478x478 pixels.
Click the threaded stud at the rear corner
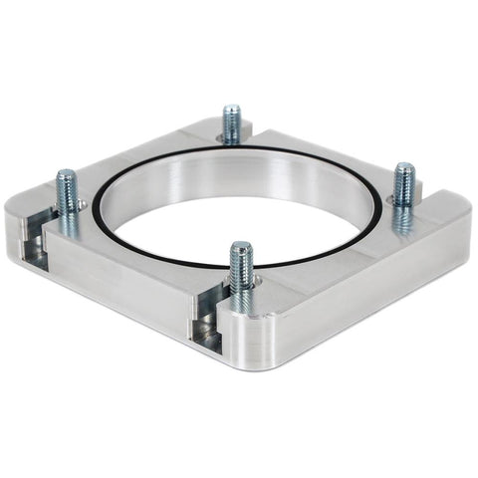(x=231, y=123)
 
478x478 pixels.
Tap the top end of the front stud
(x=239, y=245)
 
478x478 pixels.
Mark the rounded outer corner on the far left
(x=12, y=224)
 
